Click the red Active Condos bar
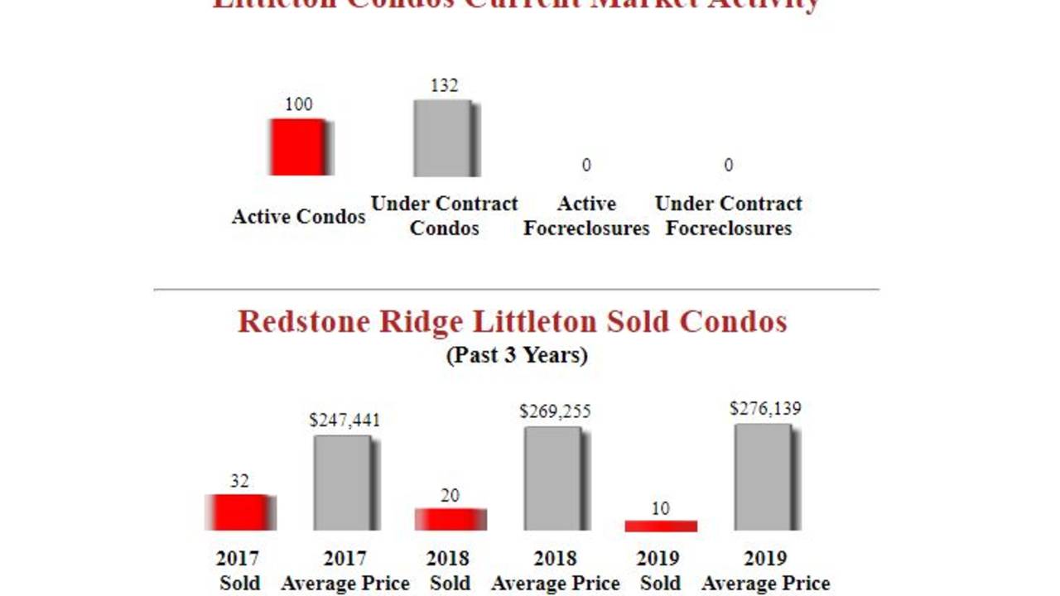click(x=299, y=147)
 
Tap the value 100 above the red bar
click(x=299, y=104)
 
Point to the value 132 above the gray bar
click(x=444, y=85)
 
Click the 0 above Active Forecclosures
click(x=586, y=166)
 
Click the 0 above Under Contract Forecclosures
click(x=728, y=166)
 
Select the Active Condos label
click(x=298, y=217)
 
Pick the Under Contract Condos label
click(x=444, y=215)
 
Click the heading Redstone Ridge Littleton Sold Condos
click(x=512, y=321)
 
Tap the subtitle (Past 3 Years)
click(x=517, y=355)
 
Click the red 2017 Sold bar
click(x=238, y=512)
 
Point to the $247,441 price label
click(x=344, y=421)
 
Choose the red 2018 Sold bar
click(x=450, y=519)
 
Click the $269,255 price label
click(x=555, y=411)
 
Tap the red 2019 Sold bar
click(x=660, y=526)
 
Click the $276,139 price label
click(x=765, y=409)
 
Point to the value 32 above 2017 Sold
click(x=239, y=481)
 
